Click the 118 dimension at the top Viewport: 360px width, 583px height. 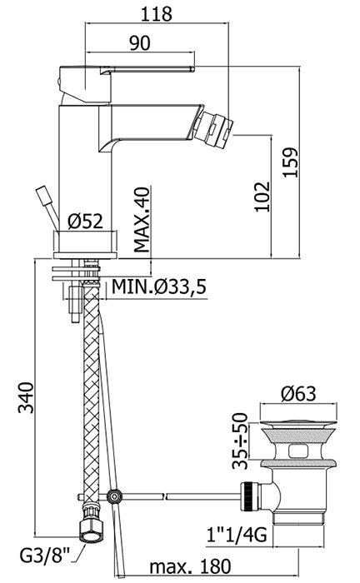tap(156, 14)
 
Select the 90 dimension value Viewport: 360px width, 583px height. tap(140, 42)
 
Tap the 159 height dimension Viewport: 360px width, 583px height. tap(291, 162)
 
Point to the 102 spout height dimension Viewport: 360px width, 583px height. tap(262, 197)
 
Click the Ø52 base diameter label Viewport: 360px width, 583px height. tap(85, 222)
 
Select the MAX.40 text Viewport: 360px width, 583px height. tap(142, 219)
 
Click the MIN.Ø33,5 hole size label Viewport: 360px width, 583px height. tap(159, 287)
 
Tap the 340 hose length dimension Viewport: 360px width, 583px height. tap(27, 397)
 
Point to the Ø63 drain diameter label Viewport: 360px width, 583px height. tap(298, 394)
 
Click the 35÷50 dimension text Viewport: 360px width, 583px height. tap(240, 441)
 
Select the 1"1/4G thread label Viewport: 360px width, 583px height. tap(237, 536)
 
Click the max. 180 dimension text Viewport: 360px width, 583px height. tap(190, 566)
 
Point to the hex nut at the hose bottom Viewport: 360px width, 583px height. tap(91, 529)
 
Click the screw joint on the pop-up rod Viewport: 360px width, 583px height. tap(113, 496)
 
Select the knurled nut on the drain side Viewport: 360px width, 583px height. tap(250, 496)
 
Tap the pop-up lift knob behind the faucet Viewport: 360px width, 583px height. tap(42, 195)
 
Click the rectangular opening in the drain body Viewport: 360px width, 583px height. tap(299, 451)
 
